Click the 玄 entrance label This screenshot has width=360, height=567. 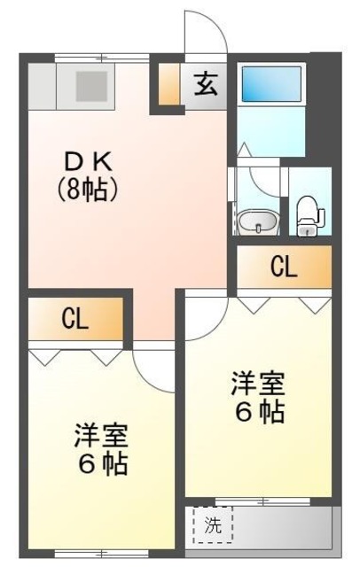coord(206,87)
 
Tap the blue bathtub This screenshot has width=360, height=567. coord(271,84)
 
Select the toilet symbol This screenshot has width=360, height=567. coord(307,214)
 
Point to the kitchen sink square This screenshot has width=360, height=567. coord(90,86)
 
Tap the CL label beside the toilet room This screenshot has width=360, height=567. coord(284,267)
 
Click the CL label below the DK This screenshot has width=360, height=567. coord(74,320)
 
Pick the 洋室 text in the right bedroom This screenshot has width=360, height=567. coord(259,384)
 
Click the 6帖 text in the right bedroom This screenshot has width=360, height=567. coord(259,413)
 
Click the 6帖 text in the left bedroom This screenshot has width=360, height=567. coord(100,463)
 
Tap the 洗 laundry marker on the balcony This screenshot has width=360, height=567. coord(213,524)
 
